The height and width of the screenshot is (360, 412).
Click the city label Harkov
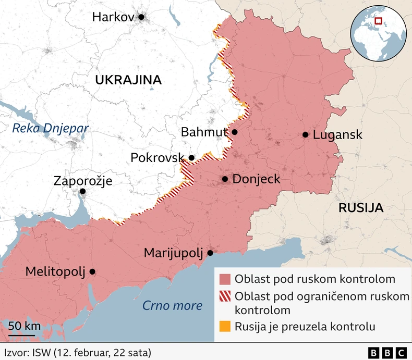pos(113,17)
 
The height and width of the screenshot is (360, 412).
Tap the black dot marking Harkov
pos(141,17)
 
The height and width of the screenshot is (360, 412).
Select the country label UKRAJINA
pos(128,80)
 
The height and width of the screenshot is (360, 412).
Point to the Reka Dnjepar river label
pos(51,129)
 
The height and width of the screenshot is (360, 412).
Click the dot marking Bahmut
pos(235,132)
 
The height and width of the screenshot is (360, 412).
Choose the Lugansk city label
pos(337,135)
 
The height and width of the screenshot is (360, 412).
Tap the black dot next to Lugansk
pos(305,135)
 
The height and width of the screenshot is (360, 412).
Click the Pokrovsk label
pos(157,157)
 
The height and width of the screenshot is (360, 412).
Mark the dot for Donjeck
pos(225,179)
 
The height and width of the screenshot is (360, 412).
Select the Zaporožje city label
pos(83,181)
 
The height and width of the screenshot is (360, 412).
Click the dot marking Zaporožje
pos(82,192)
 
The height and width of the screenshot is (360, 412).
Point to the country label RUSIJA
pos(361,208)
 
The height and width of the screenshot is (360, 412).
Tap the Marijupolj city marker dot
pos(210,253)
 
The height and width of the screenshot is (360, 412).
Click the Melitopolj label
pos(55,271)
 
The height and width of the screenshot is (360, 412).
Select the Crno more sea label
pos(172,305)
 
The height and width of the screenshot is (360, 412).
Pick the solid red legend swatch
pos(225,279)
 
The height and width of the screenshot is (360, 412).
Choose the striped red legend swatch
pos(225,296)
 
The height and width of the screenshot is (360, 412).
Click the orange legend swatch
pos(225,327)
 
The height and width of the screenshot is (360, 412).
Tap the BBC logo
pos(387,353)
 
